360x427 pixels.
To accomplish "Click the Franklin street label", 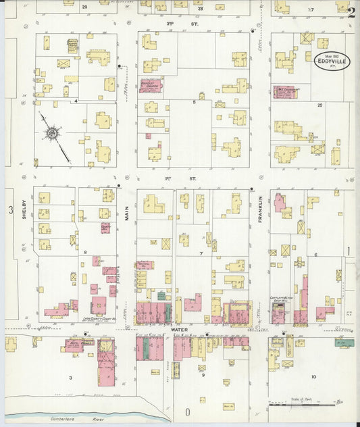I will click(x=259, y=206).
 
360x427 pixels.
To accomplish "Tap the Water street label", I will click(x=178, y=330).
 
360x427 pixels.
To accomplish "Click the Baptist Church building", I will click(x=151, y=86).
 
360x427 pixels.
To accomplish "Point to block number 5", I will click(x=195, y=102).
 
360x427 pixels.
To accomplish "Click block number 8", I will click(x=85, y=252).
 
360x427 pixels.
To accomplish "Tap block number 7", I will click(x=200, y=253).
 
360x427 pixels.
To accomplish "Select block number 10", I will click(x=313, y=376).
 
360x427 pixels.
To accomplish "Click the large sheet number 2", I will click(x=351, y=11).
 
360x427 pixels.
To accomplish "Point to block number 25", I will click(x=320, y=105).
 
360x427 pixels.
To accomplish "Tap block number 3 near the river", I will click(x=70, y=377).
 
